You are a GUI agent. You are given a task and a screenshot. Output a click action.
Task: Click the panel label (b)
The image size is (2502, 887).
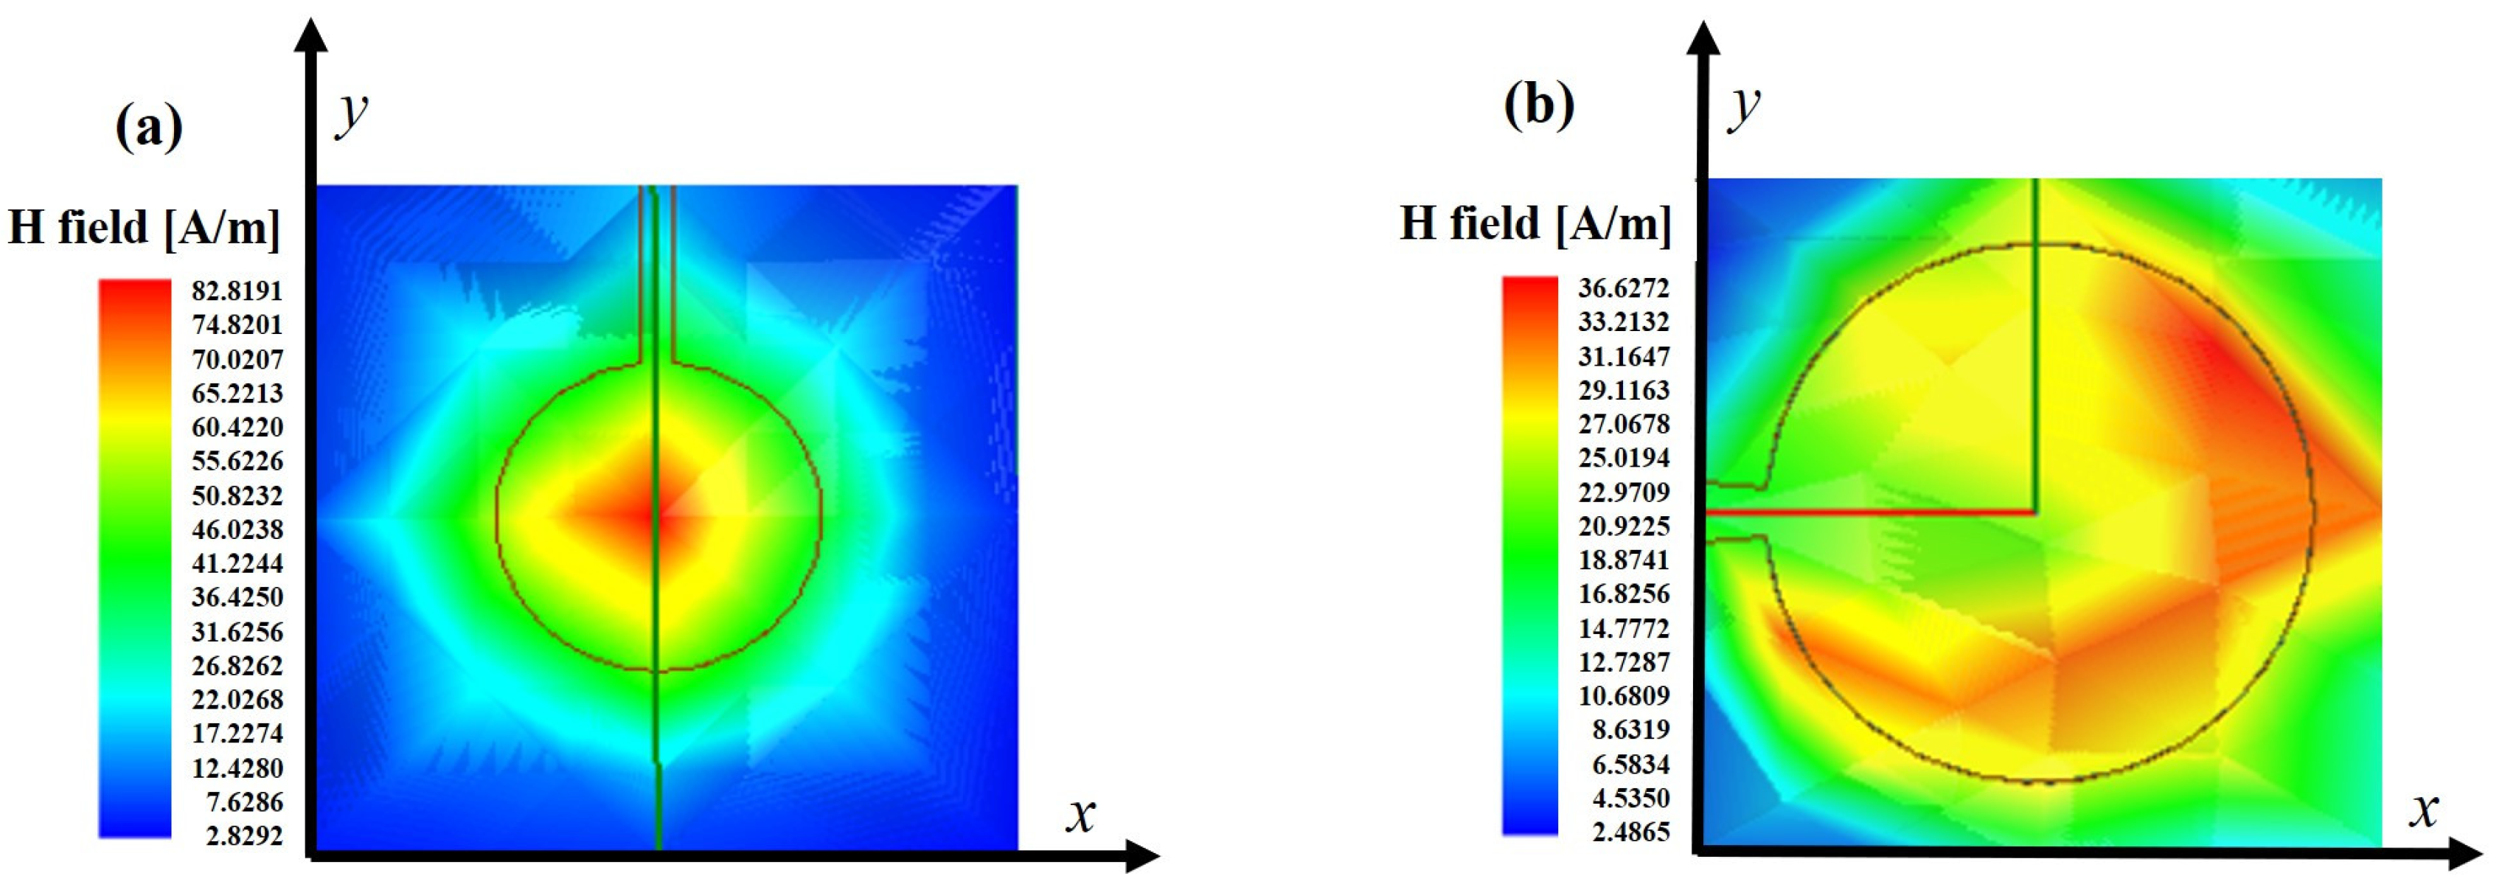(x=1538, y=104)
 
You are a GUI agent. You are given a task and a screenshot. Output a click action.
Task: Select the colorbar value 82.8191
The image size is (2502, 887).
(x=237, y=291)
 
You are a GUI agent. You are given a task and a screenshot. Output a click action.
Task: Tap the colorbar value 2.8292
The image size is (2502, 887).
(x=244, y=835)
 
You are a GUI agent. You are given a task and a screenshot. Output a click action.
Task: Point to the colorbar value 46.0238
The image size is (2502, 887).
(x=237, y=529)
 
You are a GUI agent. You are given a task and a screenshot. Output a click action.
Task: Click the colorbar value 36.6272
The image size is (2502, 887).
(x=1623, y=288)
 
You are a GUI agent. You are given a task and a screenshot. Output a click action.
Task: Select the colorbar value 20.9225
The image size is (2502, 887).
(x=1623, y=526)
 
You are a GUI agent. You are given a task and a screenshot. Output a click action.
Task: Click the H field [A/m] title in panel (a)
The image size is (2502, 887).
(x=144, y=227)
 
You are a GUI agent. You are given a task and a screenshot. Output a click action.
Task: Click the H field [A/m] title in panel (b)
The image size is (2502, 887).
(x=1535, y=223)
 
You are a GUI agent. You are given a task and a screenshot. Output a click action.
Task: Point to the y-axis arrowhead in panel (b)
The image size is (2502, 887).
(x=1703, y=37)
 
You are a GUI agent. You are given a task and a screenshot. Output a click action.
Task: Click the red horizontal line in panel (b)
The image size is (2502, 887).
(x=1870, y=512)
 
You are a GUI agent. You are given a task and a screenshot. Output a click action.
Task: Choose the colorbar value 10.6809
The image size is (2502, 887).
(x=1623, y=695)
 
